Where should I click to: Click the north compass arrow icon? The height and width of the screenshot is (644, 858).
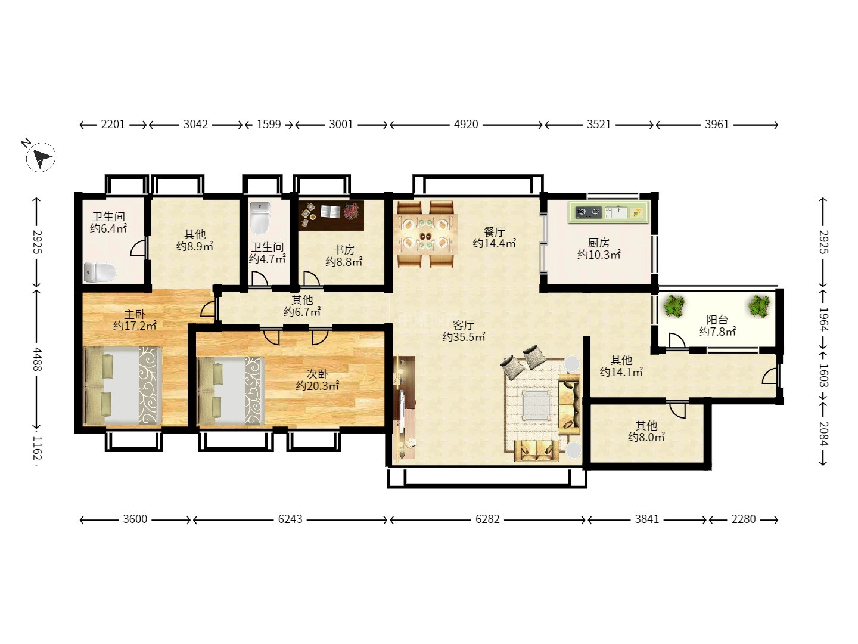(x=41, y=157)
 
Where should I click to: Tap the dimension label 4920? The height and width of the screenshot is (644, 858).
(x=466, y=125)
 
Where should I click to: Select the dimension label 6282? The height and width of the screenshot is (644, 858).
(x=487, y=519)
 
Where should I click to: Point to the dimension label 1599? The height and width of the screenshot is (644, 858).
(x=269, y=125)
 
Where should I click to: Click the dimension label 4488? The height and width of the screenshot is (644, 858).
(x=37, y=359)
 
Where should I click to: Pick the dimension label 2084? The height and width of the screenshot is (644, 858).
(x=823, y=434)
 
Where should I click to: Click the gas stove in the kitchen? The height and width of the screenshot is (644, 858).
(x=588, y=212)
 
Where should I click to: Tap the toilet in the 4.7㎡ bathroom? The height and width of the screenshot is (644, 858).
(x=260, y=218)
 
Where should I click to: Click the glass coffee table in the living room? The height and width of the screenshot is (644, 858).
(x=537, y=404)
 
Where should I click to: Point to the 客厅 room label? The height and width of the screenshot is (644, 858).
(x=464, y=324)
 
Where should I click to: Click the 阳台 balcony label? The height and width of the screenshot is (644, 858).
(x=717, y=320)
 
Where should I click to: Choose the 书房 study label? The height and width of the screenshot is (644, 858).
(x=344, y=249)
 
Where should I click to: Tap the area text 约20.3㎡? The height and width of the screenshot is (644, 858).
(x=317, y=386)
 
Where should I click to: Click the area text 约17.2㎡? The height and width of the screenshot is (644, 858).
(x=135, y=326)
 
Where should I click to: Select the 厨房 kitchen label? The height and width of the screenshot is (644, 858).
(x=598, y=243)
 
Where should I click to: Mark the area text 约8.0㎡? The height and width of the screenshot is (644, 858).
(x=646, y=437)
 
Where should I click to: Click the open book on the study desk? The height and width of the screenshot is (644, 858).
(x=331, y=212)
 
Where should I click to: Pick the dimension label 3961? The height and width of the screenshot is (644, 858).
(x=717, y=125)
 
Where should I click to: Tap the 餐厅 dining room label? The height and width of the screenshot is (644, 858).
(x=494, y=232)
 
